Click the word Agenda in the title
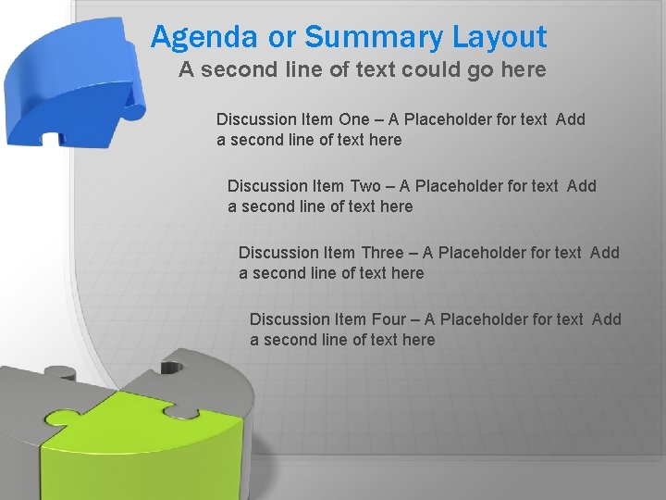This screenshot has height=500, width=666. click(203, 38)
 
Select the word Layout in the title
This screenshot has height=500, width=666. click(499, 38)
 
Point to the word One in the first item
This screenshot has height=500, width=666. click(352, 119)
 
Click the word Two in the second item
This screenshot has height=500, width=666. click(364, 186)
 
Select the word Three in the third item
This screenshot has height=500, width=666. click(381, 253)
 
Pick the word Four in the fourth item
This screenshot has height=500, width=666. click(388, 319)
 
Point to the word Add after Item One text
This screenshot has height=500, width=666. click(571, 119)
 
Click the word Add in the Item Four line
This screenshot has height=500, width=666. click(606, 319)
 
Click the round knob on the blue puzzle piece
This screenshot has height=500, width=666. click(134, 111)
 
